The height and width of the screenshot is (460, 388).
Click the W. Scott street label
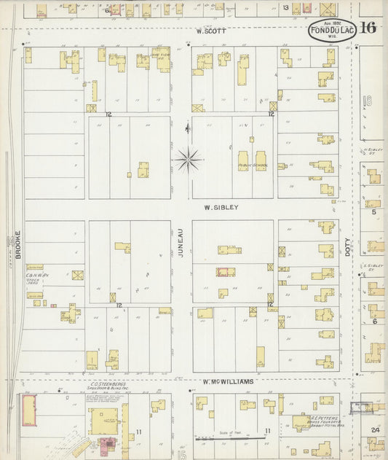(212, 31)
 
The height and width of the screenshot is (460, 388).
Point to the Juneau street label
(181, 242)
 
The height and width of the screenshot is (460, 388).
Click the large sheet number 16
(367, 28)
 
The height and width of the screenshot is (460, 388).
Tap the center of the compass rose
(188, 157)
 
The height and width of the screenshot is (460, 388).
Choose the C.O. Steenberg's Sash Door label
(108, 386)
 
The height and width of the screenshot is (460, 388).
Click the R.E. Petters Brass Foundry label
(319, 421)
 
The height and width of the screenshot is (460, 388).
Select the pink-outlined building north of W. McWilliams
(226, 272)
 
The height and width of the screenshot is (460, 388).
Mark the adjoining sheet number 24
(375, 430)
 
